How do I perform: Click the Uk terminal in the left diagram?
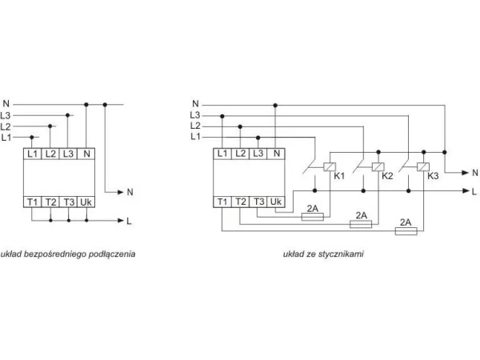pos(86,202)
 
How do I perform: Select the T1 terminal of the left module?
pos(32,202)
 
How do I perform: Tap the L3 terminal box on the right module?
pos(258,154)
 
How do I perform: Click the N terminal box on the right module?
pos(276,154)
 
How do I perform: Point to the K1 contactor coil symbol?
pos(330,167)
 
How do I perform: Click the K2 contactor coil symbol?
pos(378,167)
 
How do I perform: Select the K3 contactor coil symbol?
pos(423,167)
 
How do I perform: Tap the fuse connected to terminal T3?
pos(313,217)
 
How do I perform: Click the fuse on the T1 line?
pos(406,231)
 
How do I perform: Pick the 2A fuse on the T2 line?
pos(361,224)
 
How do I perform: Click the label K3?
pos(433,176)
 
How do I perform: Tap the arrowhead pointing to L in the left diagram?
pos(121,221)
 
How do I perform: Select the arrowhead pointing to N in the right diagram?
pos(466,173)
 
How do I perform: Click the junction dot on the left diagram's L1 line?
pos(32,137)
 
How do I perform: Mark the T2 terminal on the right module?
pos(241,202)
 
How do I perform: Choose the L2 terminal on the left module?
pos(50,154)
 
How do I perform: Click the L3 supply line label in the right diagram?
pos(194,115)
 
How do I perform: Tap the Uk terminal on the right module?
pos(276,202)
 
